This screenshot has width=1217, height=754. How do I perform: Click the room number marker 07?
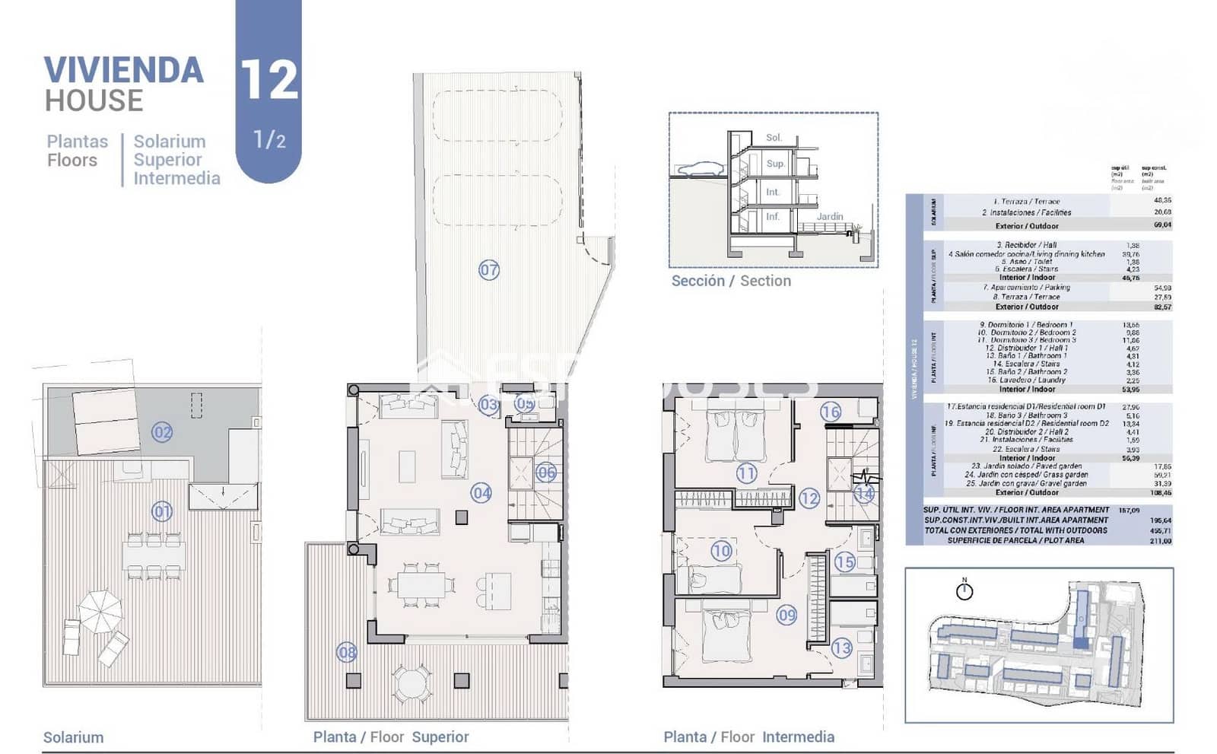click(489, 269)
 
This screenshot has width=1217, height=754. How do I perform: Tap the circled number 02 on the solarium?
click(162, 432)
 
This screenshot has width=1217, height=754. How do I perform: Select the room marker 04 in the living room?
click(481, 493)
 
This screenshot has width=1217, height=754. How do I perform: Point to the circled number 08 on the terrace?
click(347, 652)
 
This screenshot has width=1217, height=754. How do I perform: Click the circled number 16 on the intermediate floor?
click(831, 412)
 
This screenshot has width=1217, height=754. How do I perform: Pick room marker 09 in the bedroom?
click(786, 615)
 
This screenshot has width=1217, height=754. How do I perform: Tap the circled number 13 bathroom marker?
click(841, 648)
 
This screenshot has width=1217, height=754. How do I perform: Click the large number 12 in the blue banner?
click(269, 80)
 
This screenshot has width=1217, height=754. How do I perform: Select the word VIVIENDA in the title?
click(124, 70)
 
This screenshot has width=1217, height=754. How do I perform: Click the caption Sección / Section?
click(731, 281)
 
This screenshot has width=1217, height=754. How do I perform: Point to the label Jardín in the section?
click(830, 216)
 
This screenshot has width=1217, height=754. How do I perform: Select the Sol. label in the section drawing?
click(774, 138)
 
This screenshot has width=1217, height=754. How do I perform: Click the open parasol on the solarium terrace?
click(100, 611)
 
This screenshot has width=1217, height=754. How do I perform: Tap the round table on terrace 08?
click(411, 682)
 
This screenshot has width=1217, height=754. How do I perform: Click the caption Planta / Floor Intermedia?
click(748, 737)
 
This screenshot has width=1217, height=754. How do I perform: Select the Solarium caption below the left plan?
click(73, 737)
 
